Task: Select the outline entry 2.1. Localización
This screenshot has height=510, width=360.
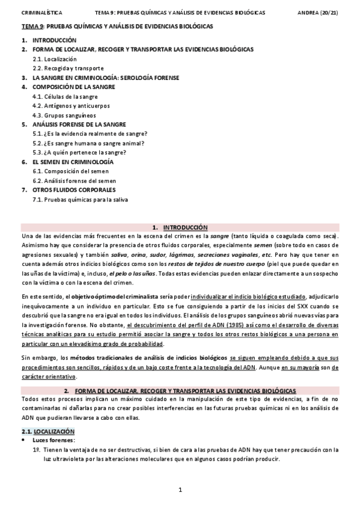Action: [55, 60]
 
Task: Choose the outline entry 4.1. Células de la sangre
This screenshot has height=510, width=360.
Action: [65, 96]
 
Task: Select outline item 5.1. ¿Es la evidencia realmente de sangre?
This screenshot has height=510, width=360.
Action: [90, 134]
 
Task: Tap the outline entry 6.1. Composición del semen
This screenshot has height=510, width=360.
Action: [69, 171]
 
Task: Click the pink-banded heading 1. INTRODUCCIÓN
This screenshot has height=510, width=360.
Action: [180, 227]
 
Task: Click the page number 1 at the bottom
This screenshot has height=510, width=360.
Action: [180, 490]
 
